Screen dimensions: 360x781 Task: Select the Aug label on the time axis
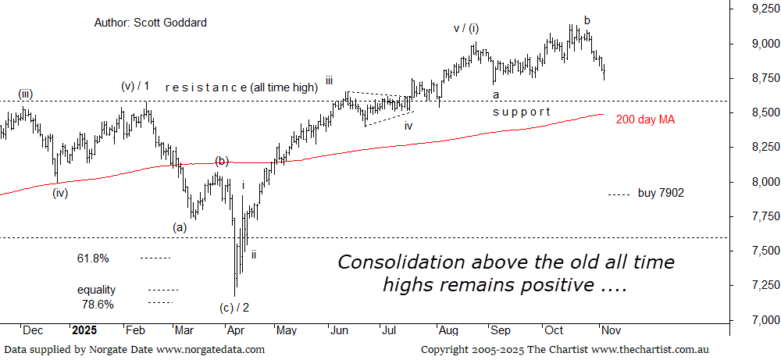[x=449, y=330]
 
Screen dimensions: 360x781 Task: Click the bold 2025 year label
[x=84, y=330]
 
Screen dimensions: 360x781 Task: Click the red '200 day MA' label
[x=644, y=119]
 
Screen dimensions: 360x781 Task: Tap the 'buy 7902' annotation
[x=661, y=193]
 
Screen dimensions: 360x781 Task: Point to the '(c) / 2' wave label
[x=235, y=307]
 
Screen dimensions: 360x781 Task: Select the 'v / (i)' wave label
[x=466, y=29]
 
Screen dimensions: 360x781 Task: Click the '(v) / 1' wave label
[x=135, y=86]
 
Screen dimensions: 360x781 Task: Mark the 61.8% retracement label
[x=93, y=258]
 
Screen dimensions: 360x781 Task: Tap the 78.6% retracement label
[x=98, y=304]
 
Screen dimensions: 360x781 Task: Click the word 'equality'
[x=97, y=290]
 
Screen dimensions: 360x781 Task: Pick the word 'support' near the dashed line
[x=521, y=112]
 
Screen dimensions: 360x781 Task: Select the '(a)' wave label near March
[x=180, y=227]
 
